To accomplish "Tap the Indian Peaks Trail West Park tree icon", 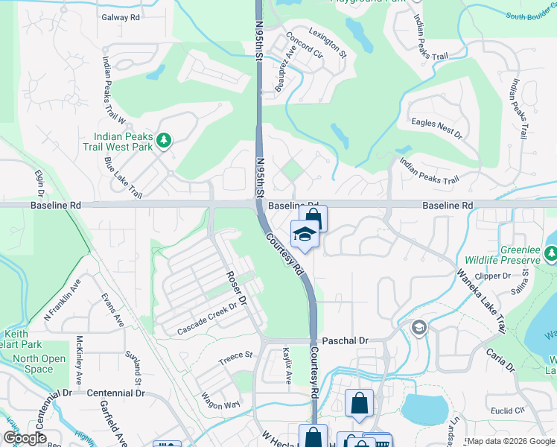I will (x=167, y=139).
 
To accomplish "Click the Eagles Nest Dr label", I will (x=436, y=130).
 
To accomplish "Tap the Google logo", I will (x=25, y=438).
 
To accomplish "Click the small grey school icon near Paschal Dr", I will (x=419, y=328).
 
